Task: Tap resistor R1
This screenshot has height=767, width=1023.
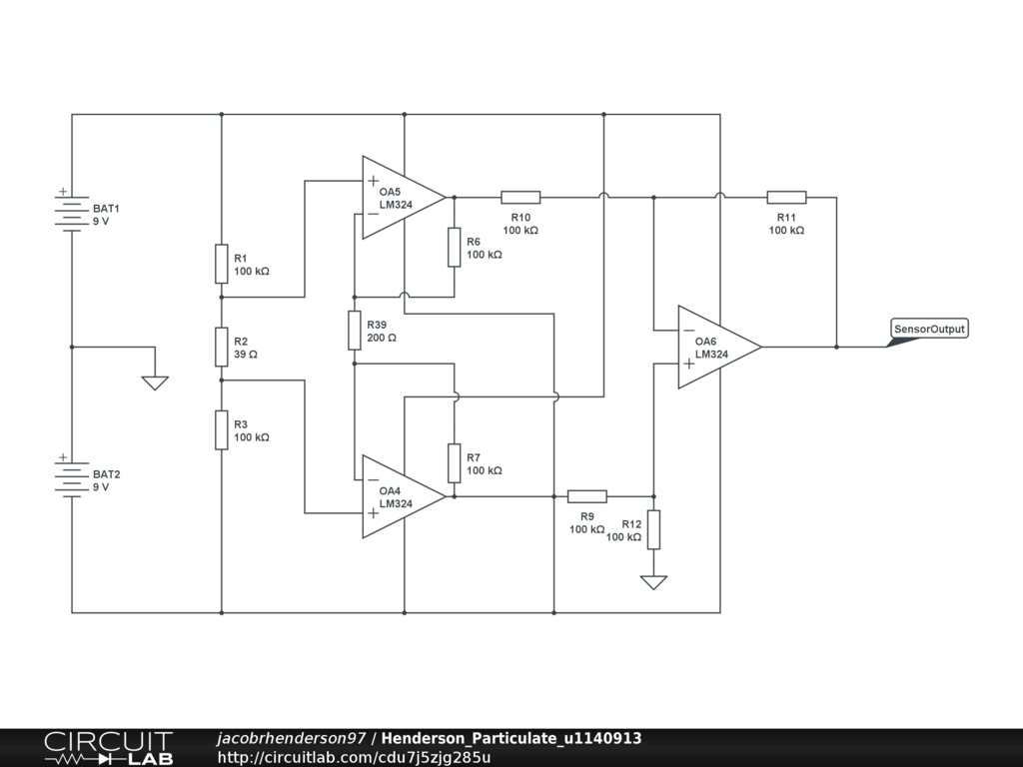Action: pyautogui.click(x=221, y=264)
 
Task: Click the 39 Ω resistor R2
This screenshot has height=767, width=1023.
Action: pyautogui.click(x=221, y=347)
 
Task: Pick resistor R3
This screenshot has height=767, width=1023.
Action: pyautogui.click(x=221, y=429)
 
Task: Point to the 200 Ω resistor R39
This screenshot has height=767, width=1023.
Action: pyautogui.click(x=354, y=331)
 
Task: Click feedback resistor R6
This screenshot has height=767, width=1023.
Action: pyautogui.click(x=454, y=247)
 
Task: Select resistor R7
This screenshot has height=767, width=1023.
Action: pyautogui.click(x=454, y=463)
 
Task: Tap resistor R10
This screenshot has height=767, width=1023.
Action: pyautogui.click(x=520, y=198)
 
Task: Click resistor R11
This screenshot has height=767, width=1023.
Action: pyautogui.click(x=786, y=198)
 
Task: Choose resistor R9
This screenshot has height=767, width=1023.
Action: pyautogui.click(x=586, y=496)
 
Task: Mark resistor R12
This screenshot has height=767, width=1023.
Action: pyautogui.click(x=653, y=529)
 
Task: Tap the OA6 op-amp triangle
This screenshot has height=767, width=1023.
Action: pyautogui.click(x=717, y=347)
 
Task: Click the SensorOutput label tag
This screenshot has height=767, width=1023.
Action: pyautogui.click(x=929, y=329)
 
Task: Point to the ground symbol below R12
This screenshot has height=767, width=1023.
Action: pyautogui.click(x=653, y=581)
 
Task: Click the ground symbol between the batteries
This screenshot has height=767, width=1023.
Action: pyautogui.click(x=155, y=382)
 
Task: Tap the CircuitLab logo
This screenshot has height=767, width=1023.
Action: pyautogui.click(x=108, y=748)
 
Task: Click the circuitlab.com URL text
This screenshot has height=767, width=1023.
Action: pyautogui.click(x=354, y=757)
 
